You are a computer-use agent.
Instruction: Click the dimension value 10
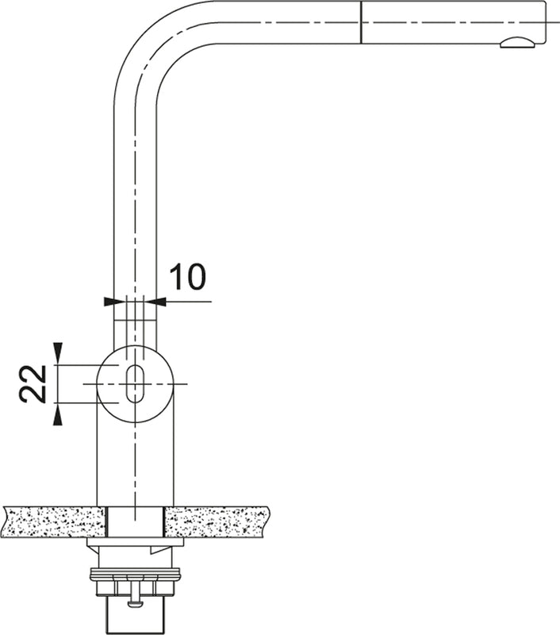pos(187,276)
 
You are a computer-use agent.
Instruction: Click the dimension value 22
pos(33,384)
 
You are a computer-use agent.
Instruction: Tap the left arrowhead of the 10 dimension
pos(109,302)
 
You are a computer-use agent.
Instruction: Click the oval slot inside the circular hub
pos(135,384)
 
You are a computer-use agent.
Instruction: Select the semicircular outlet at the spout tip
pos(516,43)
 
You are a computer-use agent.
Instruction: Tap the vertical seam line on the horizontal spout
pos(361,22)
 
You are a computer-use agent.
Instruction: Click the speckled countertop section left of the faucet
pos(52,522)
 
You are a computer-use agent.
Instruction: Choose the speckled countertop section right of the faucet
pos(216,522)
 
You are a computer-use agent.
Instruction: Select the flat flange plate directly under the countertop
pos(135,544)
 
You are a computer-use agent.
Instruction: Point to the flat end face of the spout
pos(546,22)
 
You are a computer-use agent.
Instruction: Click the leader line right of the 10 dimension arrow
pos(190,302)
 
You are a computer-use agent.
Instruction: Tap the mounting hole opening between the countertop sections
pos(135,522)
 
